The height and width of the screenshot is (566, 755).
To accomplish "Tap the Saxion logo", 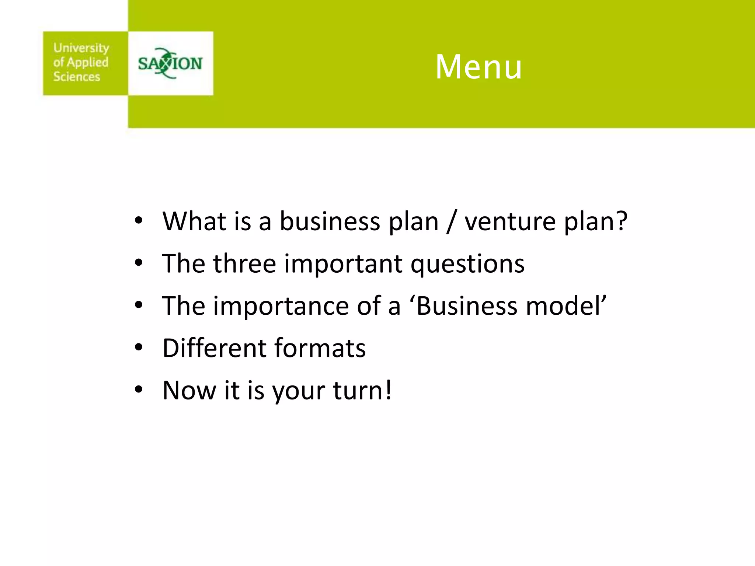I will click(170, 63).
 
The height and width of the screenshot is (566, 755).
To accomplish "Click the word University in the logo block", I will click(81, 48).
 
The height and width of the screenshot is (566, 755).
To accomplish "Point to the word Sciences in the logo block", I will click(77, 77).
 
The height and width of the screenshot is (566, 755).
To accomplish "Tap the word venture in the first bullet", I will click(510, 222).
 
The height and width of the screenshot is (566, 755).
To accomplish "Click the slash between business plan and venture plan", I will click(450, 222).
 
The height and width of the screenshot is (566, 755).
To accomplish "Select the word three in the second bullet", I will click(244, 264).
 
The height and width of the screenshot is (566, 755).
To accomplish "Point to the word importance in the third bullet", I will click(281, 307).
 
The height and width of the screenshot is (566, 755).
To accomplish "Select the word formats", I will click(320, 349).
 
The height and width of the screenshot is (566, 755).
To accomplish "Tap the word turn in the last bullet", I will click(357, 391).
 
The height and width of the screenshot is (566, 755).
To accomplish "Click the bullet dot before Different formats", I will click(139, 347).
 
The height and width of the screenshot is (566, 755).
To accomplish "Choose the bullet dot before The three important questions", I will click(139, 263).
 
